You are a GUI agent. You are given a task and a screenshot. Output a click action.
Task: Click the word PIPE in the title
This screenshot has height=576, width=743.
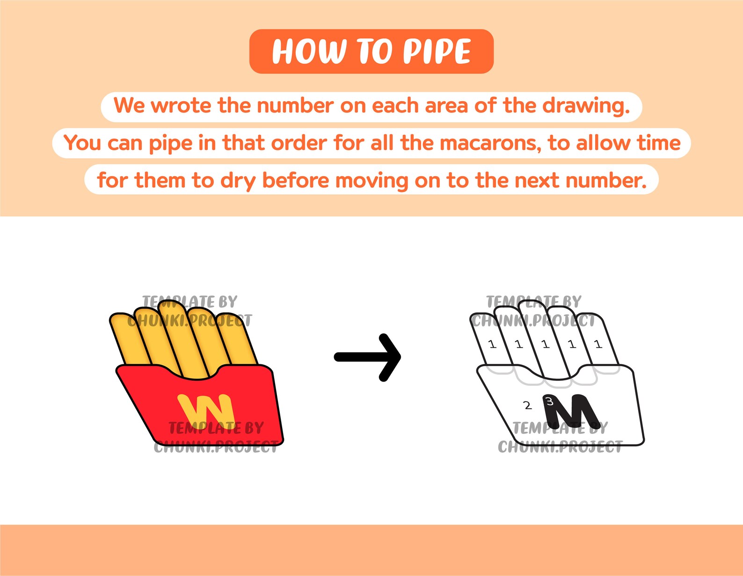point(437,52)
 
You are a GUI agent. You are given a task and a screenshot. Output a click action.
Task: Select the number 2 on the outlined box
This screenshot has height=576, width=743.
point(527,406)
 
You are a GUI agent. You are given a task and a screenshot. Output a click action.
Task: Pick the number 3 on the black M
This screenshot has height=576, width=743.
point(550,401)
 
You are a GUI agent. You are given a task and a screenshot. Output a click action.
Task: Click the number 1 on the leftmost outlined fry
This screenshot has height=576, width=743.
point(492,345)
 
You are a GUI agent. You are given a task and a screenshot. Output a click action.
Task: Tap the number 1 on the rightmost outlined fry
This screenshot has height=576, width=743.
point(598,345)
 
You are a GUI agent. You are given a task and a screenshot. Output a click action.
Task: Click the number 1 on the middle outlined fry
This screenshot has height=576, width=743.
point(545,345)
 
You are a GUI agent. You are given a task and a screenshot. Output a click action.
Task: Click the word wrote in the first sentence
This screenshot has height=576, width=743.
point(182,106)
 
